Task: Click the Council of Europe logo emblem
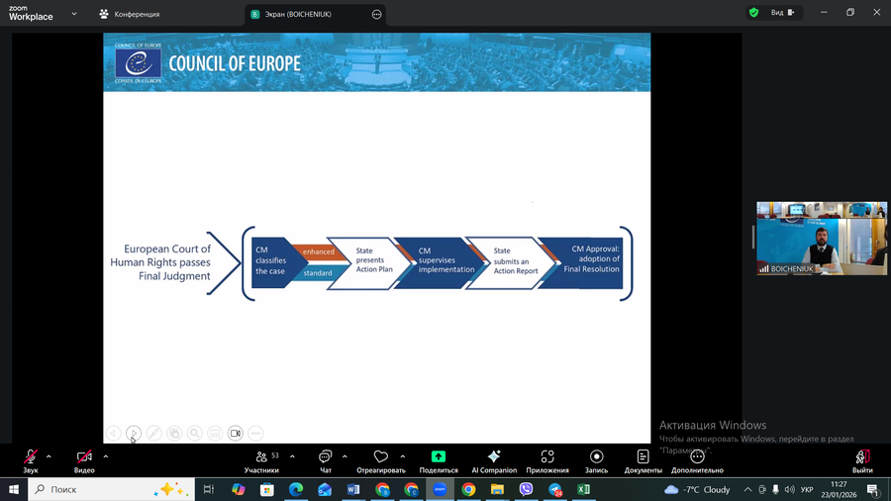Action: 138,63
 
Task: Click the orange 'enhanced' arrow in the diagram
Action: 319,251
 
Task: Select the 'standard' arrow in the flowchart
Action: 317,272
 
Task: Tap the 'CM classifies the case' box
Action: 269,261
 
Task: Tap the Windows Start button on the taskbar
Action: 13,489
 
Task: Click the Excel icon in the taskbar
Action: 584,489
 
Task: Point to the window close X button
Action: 876,13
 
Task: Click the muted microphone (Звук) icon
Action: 31,457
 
